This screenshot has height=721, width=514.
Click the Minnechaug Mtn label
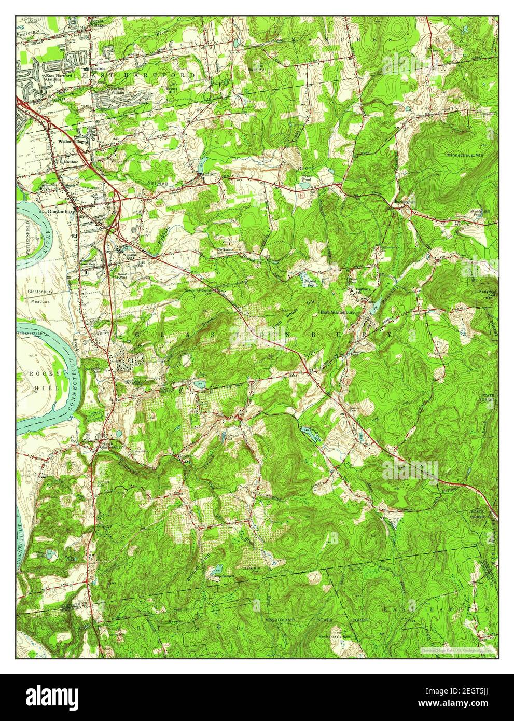coord(465,155)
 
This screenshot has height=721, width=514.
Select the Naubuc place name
coord(70,162)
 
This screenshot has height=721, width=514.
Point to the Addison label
coord(209,174)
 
